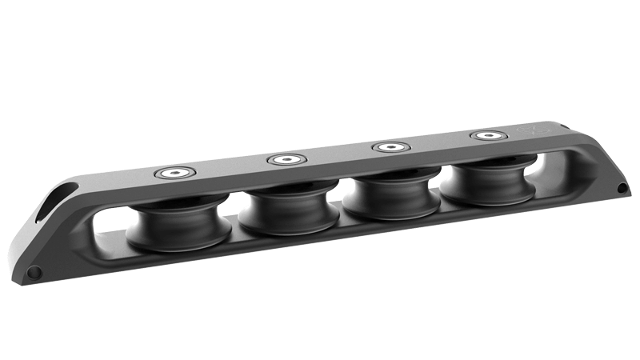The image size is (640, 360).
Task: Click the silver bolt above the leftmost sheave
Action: point(174,173)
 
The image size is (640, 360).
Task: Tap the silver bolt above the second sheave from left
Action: point(284,160)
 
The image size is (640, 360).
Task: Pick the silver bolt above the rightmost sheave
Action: point(485,135)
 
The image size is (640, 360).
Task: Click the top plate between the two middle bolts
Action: point(337,154)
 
